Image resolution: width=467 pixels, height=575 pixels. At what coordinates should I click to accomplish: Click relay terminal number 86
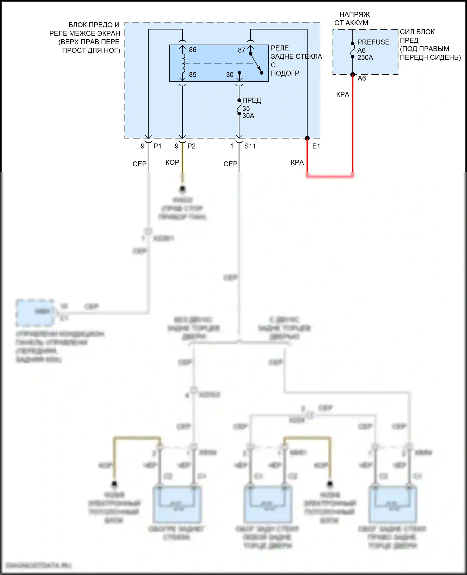(x=192, y=50)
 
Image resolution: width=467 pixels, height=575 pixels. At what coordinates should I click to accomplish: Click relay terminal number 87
(x=242, y=50)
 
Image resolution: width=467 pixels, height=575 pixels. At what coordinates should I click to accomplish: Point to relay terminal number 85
(x=192, y=75)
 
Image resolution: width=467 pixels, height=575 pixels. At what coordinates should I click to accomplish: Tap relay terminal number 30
(x=230, y=75)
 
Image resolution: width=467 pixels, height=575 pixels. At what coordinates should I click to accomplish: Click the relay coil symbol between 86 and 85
(x=183, y=62)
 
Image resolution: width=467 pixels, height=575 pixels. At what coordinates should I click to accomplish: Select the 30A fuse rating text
(x=248, y=116)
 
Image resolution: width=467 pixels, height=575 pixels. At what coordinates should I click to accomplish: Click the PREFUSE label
(x=373, y=42)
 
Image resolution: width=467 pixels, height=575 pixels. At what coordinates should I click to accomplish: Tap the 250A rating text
(x=365, y=58)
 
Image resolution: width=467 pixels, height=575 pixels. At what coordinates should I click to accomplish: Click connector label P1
(x=158, y=146)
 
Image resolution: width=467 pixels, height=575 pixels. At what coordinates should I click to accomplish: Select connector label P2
(x=191, y=146)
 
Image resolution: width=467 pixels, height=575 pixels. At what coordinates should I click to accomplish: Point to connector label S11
(x=250, y=146)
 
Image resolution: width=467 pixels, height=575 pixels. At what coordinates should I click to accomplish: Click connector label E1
(x=316, y=146)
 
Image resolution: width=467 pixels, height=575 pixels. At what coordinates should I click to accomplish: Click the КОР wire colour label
(x=172, y=162)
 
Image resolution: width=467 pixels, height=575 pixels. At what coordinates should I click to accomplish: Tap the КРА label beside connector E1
(x=297, y=162)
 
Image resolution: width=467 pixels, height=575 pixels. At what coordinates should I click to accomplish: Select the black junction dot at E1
(x=307, y=138)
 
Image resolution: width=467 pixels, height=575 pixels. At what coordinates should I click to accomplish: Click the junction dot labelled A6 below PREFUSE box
(x=353, y=74)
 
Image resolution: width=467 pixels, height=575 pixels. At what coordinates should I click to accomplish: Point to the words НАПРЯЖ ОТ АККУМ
(x=352, y=18)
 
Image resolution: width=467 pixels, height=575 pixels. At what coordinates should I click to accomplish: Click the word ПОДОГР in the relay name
(x=285, y=73)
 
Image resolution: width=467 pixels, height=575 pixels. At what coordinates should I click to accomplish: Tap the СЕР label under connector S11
(x=230, y=164)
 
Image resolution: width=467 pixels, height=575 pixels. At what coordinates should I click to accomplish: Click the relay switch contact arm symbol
(x=256, y=63)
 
